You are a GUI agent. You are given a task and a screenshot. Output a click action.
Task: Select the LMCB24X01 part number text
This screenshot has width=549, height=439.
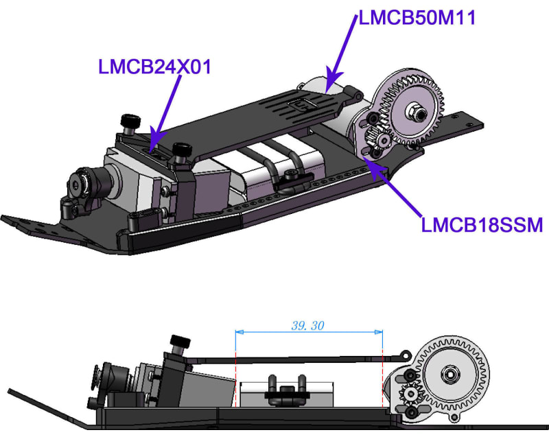[154, 67]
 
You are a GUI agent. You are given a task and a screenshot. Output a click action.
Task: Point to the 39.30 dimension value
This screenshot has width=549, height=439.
[307, 326]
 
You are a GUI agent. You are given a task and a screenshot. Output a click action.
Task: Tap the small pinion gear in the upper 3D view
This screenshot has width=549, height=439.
[376, 137]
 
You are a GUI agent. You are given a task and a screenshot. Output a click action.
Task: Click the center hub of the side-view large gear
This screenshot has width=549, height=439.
[449, 375]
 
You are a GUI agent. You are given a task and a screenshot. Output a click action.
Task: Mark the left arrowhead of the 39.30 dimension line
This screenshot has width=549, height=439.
[239, 333]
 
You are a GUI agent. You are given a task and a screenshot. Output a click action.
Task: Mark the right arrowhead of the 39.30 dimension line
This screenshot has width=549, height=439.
[379, 333]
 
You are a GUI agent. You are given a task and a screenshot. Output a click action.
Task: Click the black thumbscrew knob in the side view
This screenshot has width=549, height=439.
[180, 341]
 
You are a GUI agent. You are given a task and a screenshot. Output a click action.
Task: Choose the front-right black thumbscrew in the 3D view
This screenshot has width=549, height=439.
[181, 150]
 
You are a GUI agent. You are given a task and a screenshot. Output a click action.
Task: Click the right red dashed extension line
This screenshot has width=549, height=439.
[382, 377]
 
